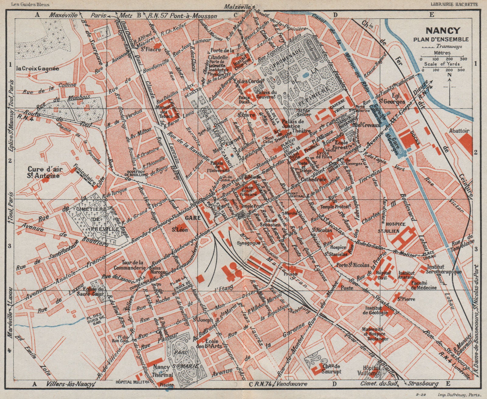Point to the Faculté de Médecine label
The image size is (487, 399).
424,285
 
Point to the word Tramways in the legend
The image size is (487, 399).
449,47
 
